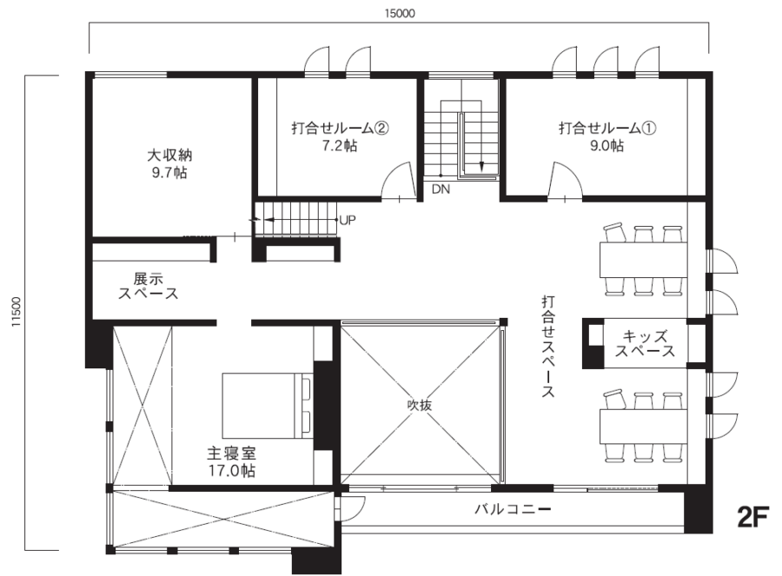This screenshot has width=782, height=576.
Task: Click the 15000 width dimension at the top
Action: pyautogui.click(x=399, y=13)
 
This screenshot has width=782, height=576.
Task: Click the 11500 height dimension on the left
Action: pyautogui.click(x=15, y=313)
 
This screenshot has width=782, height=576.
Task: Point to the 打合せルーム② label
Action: pyautogui.click(x=338, y=129)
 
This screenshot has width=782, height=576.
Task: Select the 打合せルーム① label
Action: pyautogui.click(x=606, y=129)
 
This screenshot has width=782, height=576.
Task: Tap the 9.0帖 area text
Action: pyautogui.click(x=606, y=146)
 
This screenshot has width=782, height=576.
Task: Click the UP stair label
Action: pyautogui.click(x=348, y=220)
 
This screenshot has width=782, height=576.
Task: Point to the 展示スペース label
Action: pyautogui.click(x=149, y=287)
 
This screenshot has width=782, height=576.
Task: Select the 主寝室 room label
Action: pyautogui.click(x=230, y=454)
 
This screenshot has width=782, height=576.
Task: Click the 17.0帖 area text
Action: pyautogui.click(x=230, y=471)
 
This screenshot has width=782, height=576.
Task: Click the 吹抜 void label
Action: pyautogui.click(x=420, y=405)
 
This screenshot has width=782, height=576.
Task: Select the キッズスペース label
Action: pyautogui.click(x=645, y=344)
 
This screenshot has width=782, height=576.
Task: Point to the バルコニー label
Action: pyautogui.click(x=512, y=508)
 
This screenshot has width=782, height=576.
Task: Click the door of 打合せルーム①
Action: pyautogui.click(x=567, y=182)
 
